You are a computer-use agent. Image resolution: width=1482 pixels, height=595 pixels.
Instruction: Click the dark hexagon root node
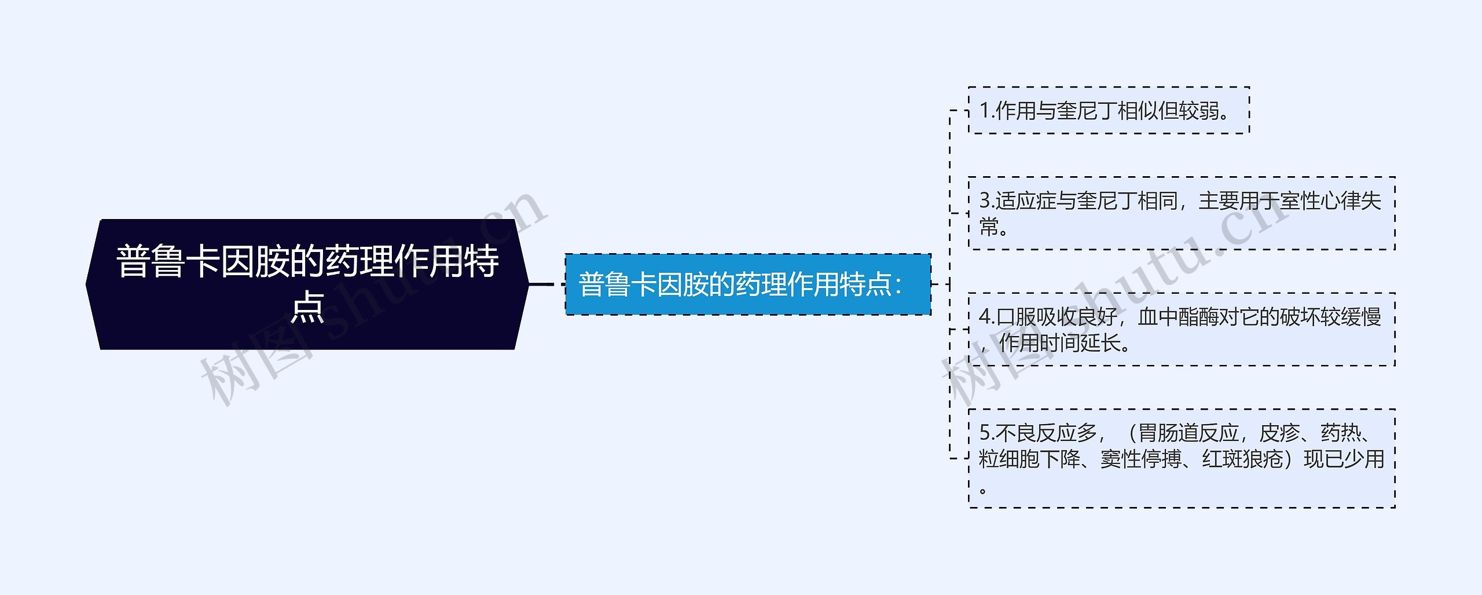coord(307,284)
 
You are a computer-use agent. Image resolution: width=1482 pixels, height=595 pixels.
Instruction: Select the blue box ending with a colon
coord(747,284)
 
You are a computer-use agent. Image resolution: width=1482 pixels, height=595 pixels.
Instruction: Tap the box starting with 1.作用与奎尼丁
coord(1109,110)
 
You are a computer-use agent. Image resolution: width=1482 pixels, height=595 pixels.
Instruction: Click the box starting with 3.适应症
coord(1181,213)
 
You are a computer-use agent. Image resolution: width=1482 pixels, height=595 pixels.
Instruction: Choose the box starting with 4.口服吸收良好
coord(1181,329)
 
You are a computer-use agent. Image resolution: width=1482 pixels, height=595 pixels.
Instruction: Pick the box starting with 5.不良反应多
coord(1181,458)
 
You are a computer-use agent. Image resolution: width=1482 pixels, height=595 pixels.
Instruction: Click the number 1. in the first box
coord(986,111)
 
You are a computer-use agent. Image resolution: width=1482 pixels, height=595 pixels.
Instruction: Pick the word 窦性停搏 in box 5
coord(1140,459)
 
